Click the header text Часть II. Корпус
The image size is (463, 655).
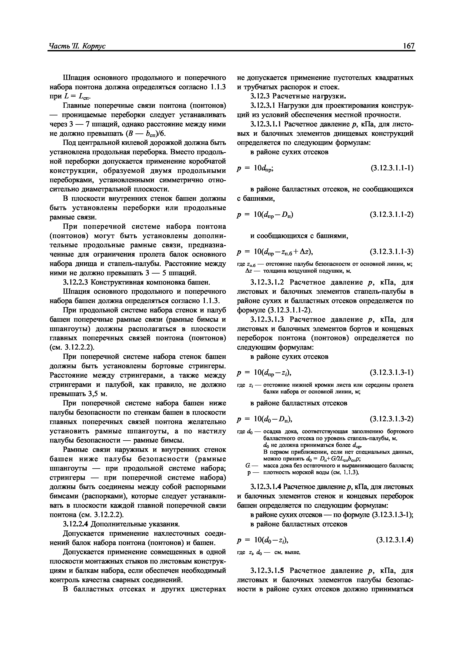pos(77,46)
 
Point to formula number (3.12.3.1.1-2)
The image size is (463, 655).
pos(392,215)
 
